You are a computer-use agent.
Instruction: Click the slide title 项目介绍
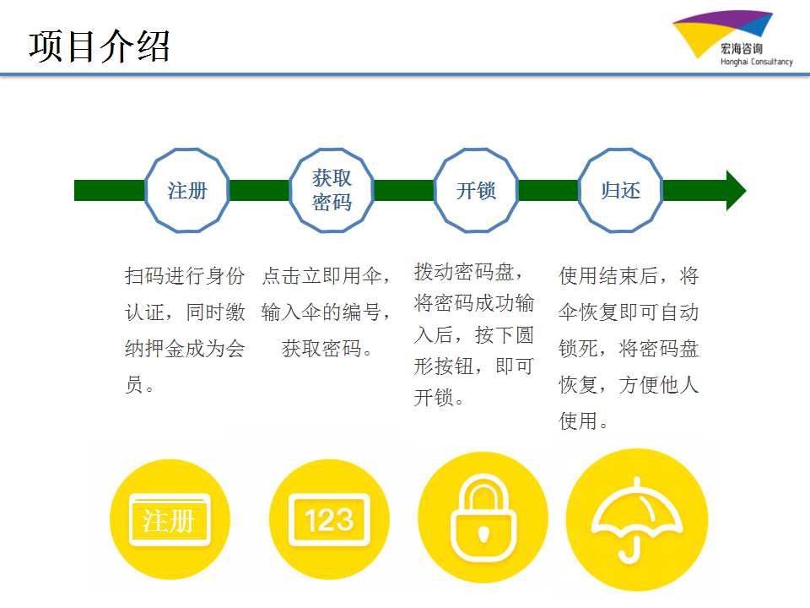coord(100,46)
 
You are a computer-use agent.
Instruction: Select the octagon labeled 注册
coord(186,190)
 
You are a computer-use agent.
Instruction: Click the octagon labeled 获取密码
coord(331,190)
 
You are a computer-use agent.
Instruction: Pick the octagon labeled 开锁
coord(476,190)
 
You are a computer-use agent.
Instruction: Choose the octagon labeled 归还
coord(620,190)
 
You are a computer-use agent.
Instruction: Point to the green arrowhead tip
coord(746,190)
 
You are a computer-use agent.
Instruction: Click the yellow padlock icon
coord(483,518)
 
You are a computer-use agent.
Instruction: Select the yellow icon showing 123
coord(329,519)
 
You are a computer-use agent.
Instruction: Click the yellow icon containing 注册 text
coord(170,519)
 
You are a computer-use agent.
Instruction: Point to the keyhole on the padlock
coord(483,534)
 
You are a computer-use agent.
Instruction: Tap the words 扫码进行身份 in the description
coord(185,275)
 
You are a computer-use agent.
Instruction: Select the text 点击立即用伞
coord(321,275)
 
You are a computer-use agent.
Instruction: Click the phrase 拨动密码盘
coord(464,272)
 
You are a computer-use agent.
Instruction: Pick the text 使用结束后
coord(608,275)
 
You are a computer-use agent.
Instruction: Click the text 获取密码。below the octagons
coord(327,349)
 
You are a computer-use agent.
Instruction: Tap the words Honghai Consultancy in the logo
coord(756,62)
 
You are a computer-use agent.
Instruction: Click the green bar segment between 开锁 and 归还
coord(548,190)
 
